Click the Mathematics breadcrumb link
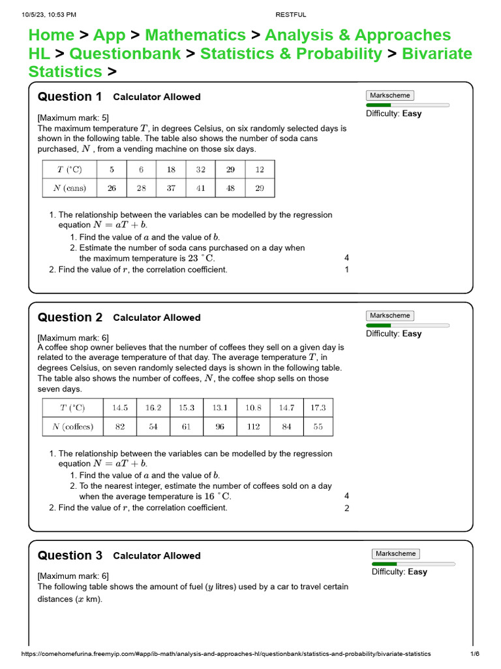195,35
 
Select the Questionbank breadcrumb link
125,54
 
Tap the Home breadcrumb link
52,35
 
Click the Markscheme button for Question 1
389,95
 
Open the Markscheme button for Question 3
395,553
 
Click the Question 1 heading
70,97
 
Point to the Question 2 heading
70,318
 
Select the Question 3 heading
70,555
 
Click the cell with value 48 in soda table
230,188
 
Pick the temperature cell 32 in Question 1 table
200,169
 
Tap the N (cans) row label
69,188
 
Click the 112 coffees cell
253,427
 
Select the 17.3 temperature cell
318,408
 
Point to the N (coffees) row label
72,427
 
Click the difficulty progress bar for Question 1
407,105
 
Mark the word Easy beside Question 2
412,334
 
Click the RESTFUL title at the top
290,14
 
